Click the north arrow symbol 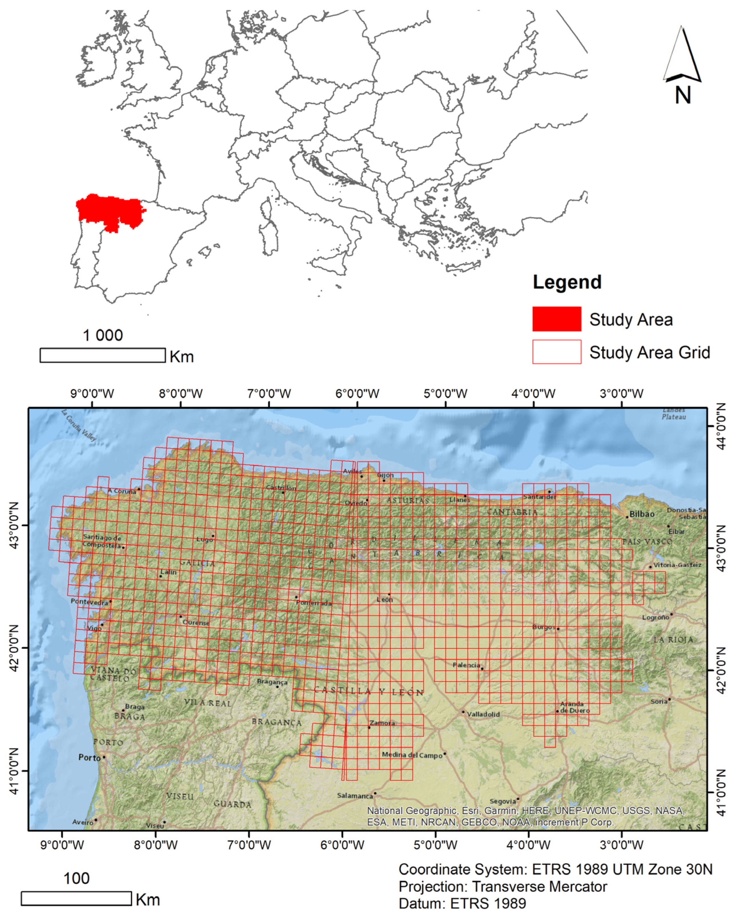[682, 64]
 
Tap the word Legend [567, 282]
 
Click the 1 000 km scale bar [102, 355]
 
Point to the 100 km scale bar [76, 898]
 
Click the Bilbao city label [642, 514]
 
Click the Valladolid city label [483, 714]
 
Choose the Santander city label [539, 496]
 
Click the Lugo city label [204, 539]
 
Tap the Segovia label [503, 801]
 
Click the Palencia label [466, 665]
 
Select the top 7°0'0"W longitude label [269, 393]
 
